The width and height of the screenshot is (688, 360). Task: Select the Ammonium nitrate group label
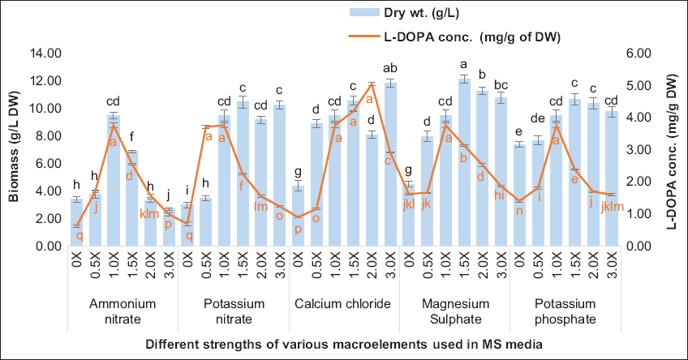(120, 304)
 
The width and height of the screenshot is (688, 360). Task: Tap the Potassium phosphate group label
(565, 311)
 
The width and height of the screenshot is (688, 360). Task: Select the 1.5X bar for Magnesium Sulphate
(463, 162)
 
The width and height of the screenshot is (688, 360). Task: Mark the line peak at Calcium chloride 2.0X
(372, 84)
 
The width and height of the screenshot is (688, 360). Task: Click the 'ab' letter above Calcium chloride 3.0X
(390, 67)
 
